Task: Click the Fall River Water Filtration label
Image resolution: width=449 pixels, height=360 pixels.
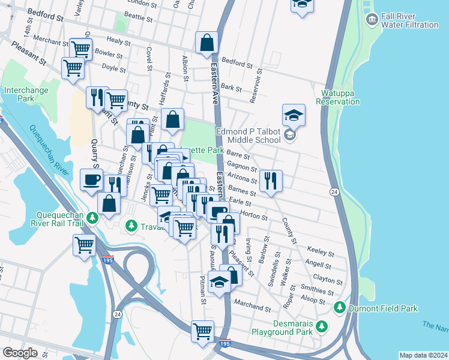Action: (x=411, y=20)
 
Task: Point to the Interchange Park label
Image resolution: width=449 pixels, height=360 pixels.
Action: (x=25, y=94)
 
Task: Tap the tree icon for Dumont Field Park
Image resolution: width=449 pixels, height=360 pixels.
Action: (x=340, y=308)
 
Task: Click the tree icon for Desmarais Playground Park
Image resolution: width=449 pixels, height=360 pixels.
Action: (x=322, y=326)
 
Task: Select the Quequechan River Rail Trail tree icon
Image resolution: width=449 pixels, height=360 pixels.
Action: (x=92, y=217)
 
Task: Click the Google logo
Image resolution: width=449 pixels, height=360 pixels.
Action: (x=20, y=353)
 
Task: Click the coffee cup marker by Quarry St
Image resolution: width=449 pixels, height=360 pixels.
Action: (x=92, y=179)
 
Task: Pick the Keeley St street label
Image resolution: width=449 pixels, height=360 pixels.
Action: (x=320, y=250)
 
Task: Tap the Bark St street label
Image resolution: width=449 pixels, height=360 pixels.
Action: (x=231, y=88)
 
